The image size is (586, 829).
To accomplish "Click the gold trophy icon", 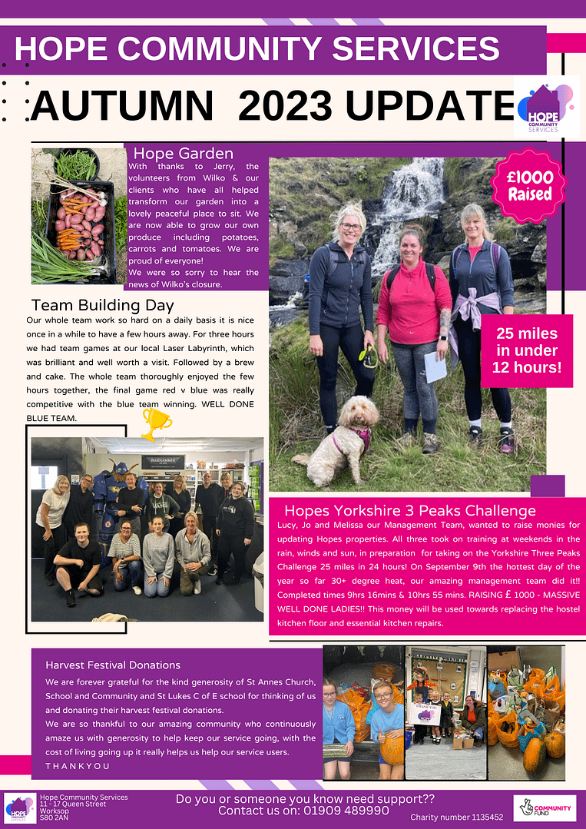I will (156, 423).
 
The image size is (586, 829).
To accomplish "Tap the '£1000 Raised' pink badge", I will (529, 185).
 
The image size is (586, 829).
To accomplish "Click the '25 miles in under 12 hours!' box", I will (526, 351).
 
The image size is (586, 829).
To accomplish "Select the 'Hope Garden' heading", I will (183, 153).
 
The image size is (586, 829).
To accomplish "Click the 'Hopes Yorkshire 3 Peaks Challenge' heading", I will (409, 510).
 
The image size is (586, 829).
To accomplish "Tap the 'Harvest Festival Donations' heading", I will (113, 665).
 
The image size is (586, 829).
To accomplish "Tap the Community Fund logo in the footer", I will (544, 808).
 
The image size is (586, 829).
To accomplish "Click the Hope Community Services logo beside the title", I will (546, 107).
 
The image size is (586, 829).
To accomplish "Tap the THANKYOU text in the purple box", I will (78, 766).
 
